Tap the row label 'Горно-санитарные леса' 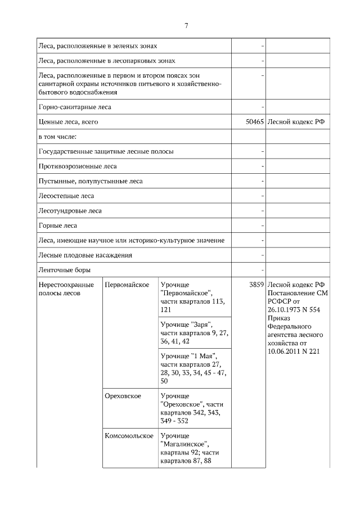tap(74, 106)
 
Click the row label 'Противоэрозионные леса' tap(78, 166)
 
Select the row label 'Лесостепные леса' tap(66, 196)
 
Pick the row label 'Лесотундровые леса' tap(70, 211)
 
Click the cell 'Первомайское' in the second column tap(127, 285)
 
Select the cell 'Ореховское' tap(123, 396)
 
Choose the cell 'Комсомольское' tap(129, 436)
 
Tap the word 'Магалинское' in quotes tap(183, 444)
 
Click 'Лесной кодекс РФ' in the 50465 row tap(296, 121)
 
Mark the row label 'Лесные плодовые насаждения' tap(85, 255)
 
